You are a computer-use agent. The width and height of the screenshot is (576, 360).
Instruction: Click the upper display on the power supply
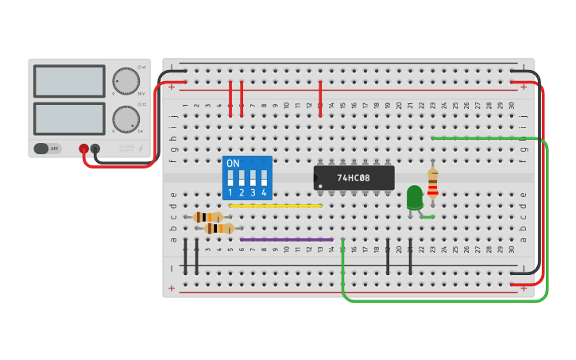tap(69, 81)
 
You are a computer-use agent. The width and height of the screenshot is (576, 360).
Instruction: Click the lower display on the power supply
tap(69, 118)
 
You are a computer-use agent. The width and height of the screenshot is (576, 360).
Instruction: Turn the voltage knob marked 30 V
tap(125, 80)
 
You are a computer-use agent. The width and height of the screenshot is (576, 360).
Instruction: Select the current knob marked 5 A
tap(125, 119)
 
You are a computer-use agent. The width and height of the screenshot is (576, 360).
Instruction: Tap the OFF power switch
tap(48, 149)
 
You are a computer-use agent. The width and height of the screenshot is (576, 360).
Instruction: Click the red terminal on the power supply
tap(83, 149)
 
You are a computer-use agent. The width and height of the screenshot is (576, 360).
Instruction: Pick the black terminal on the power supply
tap(95, 149)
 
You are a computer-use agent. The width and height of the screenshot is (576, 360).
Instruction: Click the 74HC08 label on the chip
tap(354, 178)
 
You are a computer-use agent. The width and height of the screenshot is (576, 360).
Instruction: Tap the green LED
tap(414, 196)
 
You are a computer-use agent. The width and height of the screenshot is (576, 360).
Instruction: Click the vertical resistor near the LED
tap(432, 184)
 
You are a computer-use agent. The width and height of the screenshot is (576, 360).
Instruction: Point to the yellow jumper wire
tap(275, 206)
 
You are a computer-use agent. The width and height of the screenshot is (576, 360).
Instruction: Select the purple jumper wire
tap(286, 239)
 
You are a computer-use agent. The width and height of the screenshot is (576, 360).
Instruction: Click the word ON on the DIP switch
tap(233, 164)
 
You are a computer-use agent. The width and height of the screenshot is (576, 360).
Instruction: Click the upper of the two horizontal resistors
tap(208, 217)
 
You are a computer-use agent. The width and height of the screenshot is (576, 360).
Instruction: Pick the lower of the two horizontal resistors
tap(219, 229)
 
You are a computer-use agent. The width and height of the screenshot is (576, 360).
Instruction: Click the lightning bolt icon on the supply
tap(141, 149)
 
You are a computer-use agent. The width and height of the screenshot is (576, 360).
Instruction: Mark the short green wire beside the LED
tap(427, 216)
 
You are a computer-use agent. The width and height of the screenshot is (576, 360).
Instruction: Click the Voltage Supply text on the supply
tap(126, 149)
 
